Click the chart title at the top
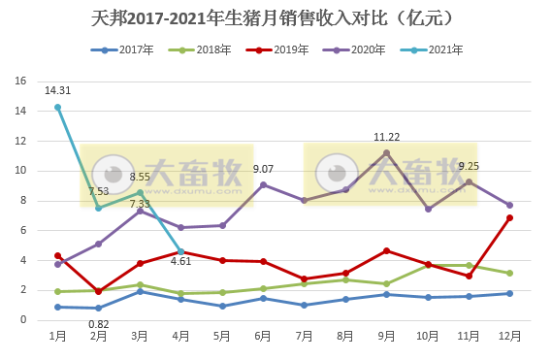276,18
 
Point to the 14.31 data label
57,90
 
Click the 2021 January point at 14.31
57,108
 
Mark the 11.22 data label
386,137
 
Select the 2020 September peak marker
386,153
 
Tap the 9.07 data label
263,169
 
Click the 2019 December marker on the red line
509,217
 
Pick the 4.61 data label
180,261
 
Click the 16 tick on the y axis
19,82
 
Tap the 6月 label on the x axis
263,337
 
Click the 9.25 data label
469,166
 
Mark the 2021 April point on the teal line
180,251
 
